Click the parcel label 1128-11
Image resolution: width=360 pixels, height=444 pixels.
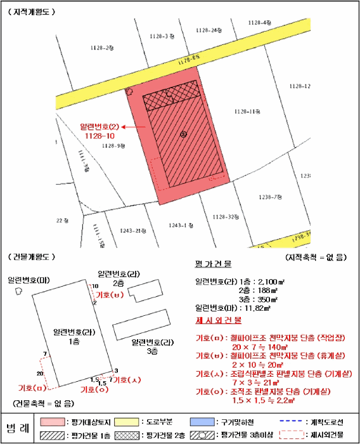coord(248,112)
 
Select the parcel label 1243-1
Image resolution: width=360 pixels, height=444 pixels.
coord(180,225)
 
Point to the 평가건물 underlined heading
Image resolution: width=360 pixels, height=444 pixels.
coord(213,263)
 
